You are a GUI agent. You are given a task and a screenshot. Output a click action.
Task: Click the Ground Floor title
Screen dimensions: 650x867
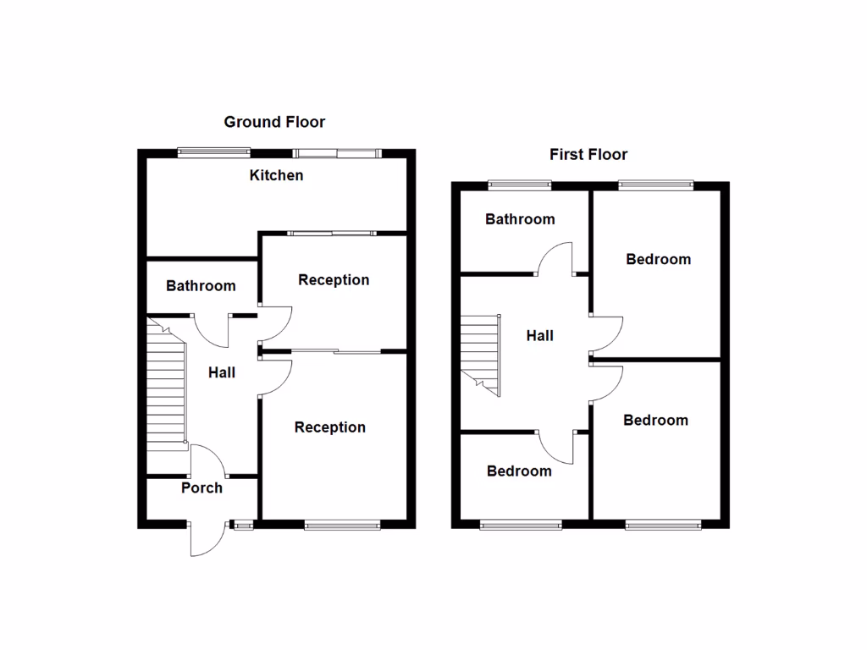(x=274, y=122)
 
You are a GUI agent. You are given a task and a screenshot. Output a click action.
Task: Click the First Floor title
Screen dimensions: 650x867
(x=588, y=154)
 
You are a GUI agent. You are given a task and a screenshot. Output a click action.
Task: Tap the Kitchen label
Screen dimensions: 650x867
(x=276, y=176)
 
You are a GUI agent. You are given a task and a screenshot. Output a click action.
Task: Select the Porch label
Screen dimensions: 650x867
(x=202, y=487)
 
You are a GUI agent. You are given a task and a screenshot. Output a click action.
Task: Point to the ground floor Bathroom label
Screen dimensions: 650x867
(x=201, y=286)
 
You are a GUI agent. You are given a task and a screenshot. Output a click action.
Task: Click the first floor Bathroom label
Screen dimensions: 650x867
(x=520, y=219)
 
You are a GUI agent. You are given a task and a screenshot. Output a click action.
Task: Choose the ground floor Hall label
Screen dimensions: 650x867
(x=222, y=372)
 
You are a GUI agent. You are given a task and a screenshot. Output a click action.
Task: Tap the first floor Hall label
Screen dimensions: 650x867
(x=540, y=336)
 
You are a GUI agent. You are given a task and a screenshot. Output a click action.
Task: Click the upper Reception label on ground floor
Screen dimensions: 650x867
(x=334, y=280)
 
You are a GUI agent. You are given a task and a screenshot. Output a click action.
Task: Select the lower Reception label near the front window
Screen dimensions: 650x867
(x=330, y=427)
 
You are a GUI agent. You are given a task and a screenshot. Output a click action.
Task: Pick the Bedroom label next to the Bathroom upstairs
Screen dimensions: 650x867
(x=658, y=259)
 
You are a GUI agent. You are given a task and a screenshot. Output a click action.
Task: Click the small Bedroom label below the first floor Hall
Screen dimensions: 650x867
(x=519, y=471)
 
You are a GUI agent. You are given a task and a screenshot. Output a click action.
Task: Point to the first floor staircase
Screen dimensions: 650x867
(x=480, y=351)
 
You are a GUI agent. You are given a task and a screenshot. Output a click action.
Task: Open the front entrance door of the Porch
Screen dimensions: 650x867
(x=206, y=539)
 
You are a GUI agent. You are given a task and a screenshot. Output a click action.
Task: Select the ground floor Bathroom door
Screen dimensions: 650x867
(x=212, y=328)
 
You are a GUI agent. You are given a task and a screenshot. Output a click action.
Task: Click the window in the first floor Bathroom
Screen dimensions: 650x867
(x=520, y=184)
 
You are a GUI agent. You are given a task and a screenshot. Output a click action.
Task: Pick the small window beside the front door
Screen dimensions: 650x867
(x=244, y=525)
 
